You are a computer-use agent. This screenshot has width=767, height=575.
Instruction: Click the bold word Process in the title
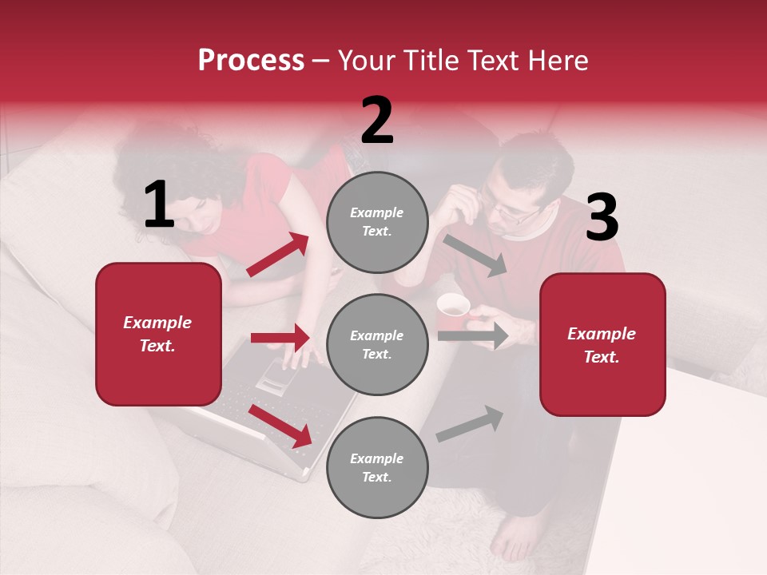(251, 61)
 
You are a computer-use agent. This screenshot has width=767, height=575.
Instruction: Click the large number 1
(159, 205)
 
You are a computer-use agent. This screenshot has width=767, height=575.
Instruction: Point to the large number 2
(377, 121)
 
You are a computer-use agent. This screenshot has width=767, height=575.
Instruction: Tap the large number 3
(602, 217)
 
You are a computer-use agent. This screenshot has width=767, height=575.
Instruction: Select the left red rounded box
(158, 334)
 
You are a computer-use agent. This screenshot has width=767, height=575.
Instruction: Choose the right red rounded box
(602, 344)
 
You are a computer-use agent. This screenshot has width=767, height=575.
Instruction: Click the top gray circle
(377, 222)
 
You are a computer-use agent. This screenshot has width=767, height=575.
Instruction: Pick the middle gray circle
(377, 344)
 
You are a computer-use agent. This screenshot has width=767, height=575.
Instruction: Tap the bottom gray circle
(377, 467)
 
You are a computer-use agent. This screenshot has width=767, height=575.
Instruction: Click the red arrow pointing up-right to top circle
(278, 255)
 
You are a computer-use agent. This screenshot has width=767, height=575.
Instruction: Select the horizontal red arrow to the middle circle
(280, 338)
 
